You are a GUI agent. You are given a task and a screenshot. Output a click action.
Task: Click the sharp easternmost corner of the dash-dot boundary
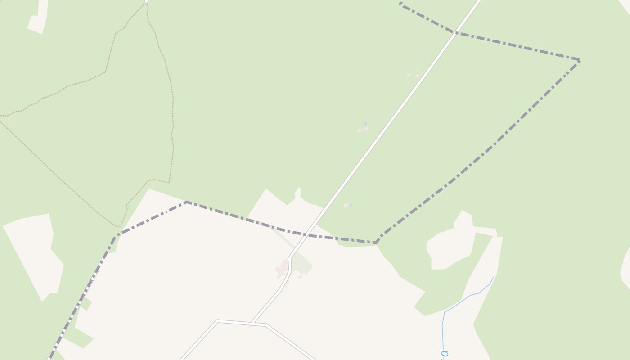pyautogui.click(x=579, y=60)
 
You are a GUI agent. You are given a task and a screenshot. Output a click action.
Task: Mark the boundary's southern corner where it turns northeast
pyautogui.click(x=376, y=243)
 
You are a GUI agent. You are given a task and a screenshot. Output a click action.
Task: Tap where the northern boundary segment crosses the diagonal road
pyautogui.click(x=455, y=32)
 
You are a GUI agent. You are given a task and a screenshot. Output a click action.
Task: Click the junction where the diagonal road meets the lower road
pyautogui.click(x=251, y=323)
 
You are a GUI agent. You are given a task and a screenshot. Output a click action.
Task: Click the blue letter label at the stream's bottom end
pyautogui.click(x=445, y=354)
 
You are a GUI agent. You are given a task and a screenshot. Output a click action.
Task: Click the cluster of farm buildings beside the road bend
pyautogui.click(x=282, y=270)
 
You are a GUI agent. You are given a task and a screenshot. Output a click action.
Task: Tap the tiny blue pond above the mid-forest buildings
pyautogui.click(x=365, y=123)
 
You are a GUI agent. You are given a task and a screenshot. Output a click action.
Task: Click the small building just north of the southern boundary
pyautogui.click(x=346, y=205)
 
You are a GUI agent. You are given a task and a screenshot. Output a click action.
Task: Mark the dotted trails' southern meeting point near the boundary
pyautogui.click(x=118, y=226)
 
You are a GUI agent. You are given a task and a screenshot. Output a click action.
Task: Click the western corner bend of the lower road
pyautogui.click(x=217, y=321)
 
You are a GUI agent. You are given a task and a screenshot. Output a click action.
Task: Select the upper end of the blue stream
pyautogui.click(x=494, y=277)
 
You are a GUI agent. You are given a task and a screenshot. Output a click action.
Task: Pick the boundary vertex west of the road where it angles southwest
pyautogui.click(x=186, y=202)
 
